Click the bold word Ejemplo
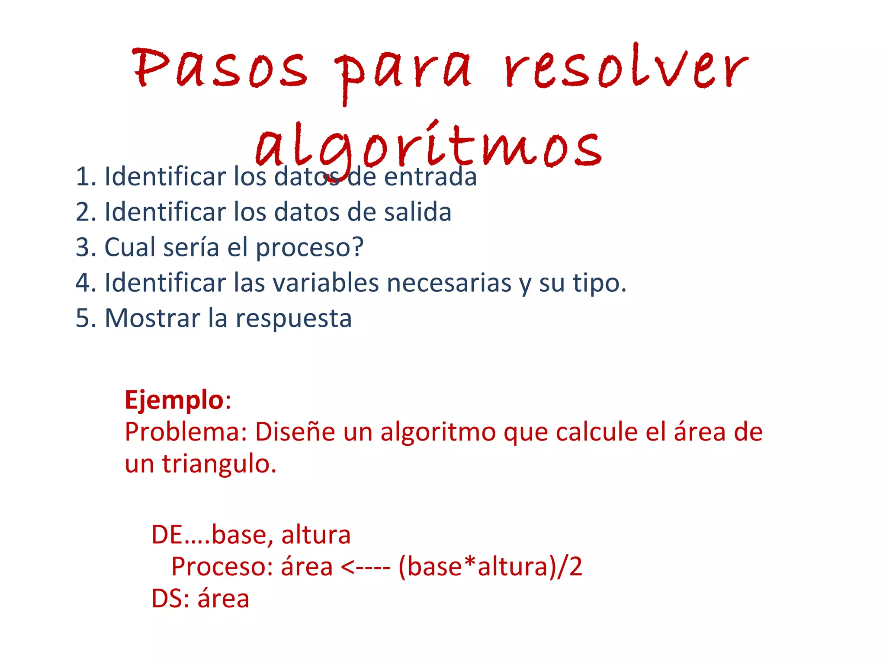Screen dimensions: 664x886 [x=174, y=399]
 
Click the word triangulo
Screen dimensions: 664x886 [x=219, y=464]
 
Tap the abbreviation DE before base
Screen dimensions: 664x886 [x=167, y=535]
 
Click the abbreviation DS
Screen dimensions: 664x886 [x=166, y=599]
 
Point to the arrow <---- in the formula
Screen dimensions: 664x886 [x=366, y=568]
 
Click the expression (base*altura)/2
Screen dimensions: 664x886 [x=490, y=567]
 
